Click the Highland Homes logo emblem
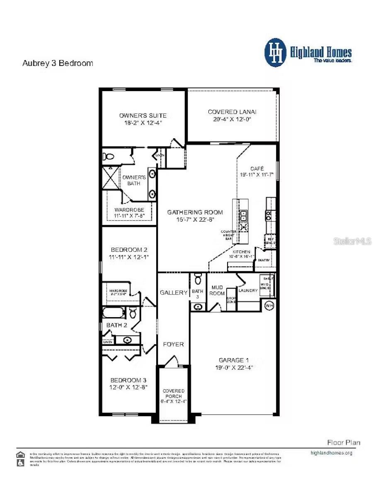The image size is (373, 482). click(276, 52)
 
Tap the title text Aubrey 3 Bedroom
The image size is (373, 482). click(57, 63)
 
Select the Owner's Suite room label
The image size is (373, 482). click(143, 115)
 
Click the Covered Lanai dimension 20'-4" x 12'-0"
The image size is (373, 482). click(232, 119)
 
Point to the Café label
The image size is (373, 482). click(257, 169)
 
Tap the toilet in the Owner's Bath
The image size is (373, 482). click(109, 157)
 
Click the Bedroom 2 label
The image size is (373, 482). click(129, 250)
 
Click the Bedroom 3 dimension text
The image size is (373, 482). click(128, 387)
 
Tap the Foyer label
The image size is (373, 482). click(173, 344)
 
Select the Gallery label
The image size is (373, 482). click(174, 292)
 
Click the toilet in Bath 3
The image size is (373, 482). click(198, 280)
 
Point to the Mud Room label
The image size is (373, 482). click(217, 290)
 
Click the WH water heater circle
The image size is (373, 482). click(269, 306)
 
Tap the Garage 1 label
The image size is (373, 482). click(234, 360)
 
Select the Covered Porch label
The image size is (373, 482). click(174, 393)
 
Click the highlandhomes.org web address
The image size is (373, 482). click(331, 453)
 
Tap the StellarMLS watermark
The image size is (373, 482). click(352, 241)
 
